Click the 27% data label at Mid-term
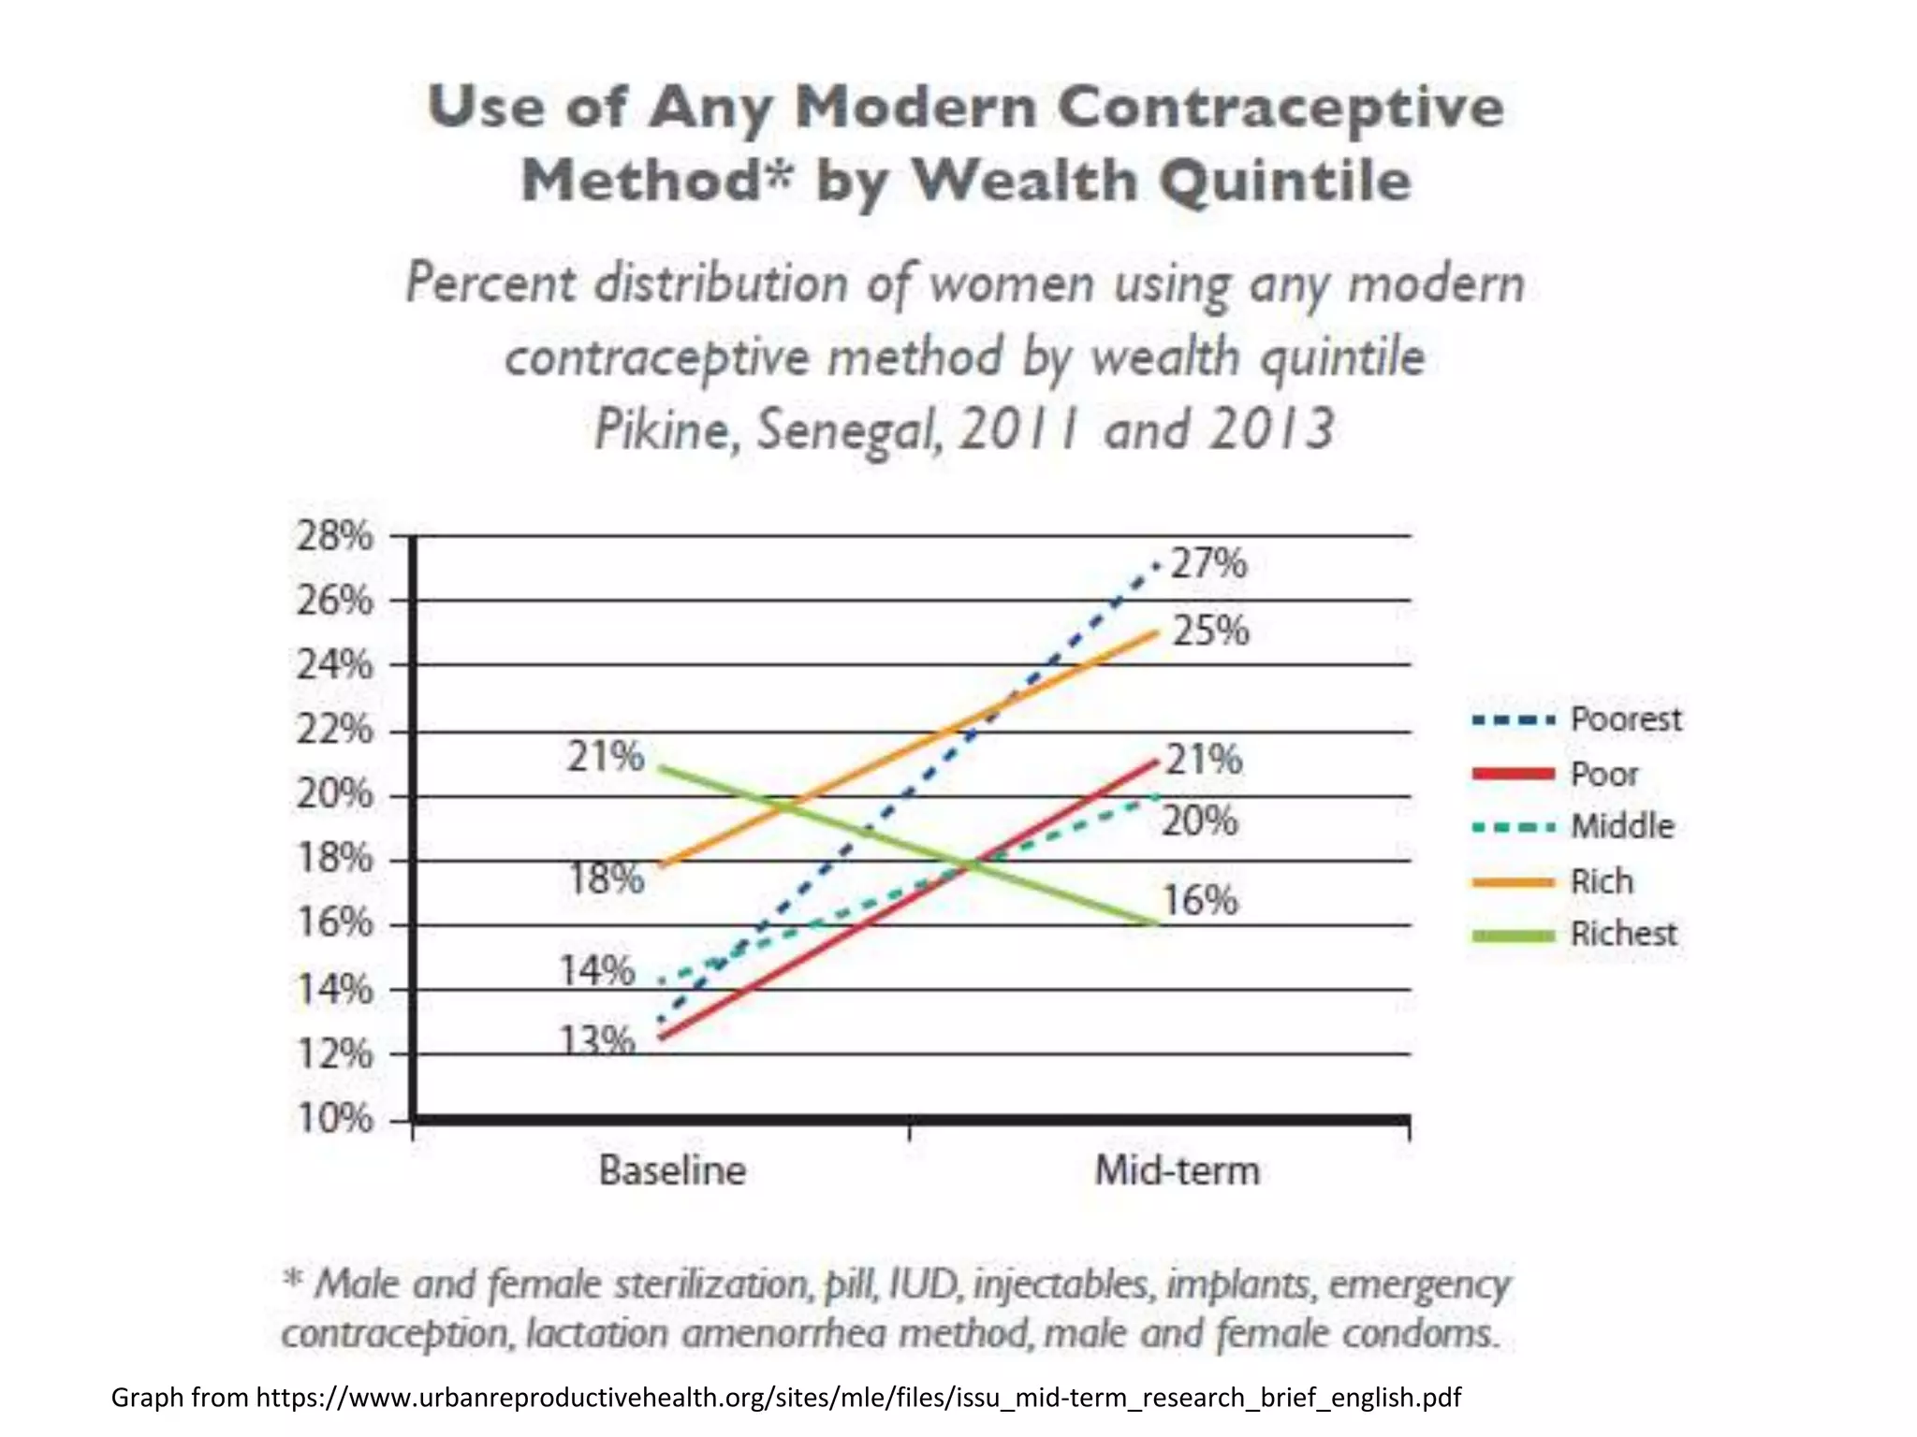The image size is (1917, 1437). click(1208, 564)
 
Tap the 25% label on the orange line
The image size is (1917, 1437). click(1210, 631)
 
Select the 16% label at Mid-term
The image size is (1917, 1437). click(1199, 900)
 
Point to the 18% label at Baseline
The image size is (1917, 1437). click(607, 878)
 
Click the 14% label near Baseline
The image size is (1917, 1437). click(597, 970)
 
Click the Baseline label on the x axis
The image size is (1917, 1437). click(672, 1170)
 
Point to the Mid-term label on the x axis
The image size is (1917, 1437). click(1177, 1170)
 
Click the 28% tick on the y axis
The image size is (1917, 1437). click(334, 537)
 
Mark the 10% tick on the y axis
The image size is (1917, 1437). click(334, 1118)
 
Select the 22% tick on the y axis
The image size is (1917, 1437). click(334, 730)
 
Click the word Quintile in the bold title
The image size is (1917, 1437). click(1286, 181)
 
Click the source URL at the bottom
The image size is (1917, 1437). click(857, 1397)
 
